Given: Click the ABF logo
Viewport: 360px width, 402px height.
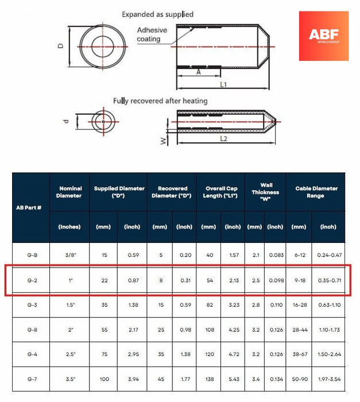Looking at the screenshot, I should [x=323, y=36].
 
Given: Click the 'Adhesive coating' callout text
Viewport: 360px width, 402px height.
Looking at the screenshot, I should [x=152, y=34].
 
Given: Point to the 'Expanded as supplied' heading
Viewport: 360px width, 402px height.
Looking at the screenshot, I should [x=158, y=14].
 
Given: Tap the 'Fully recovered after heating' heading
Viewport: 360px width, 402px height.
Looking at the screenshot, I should [x=160, y=101].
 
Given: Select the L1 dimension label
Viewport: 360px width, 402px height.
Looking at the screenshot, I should [x=223, y=85].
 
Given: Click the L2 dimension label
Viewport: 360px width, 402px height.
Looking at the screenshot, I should [x=223, y=139].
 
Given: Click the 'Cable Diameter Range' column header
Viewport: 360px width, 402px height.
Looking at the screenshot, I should [x=316, y=192].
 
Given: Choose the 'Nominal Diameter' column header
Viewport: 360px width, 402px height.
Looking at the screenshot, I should [x=69, y=192].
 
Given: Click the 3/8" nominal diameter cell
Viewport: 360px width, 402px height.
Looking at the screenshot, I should [x=69, y=254].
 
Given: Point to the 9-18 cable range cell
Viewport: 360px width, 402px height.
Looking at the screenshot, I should [x=299, y=280].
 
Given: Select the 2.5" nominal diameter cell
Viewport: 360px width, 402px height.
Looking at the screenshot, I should [x=69, y=355].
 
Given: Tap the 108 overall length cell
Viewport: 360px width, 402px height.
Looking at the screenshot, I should [x=208, y=330].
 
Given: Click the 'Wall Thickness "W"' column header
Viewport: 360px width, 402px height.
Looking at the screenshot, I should [x=266, y=192].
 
